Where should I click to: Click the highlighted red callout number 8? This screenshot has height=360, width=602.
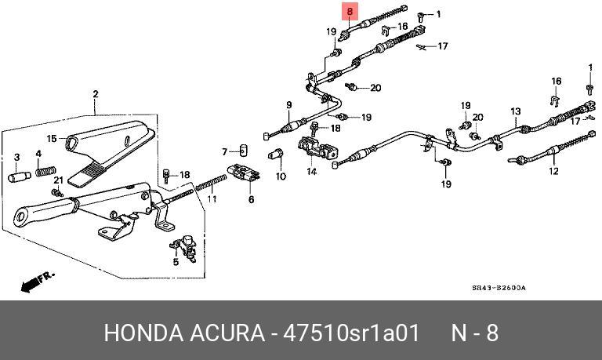(x=350, y=11)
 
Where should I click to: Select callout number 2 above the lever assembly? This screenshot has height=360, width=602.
(x=96, y=95)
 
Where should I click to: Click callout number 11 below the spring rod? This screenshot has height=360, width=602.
(x=223, y=151)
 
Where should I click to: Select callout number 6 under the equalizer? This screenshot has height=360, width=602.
(x=251, y=199)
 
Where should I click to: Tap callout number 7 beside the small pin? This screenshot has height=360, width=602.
(x=223, y=151)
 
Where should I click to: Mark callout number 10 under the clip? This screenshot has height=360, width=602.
(x=281, y=176)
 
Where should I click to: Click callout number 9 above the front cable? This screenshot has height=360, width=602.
(x=288, y=105)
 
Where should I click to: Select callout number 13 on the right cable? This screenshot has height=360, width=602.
(x=516, y=111)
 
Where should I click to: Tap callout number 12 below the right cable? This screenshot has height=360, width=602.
(x=553, y=170)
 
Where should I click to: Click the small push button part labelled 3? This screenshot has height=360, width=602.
(x=17, y=176)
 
